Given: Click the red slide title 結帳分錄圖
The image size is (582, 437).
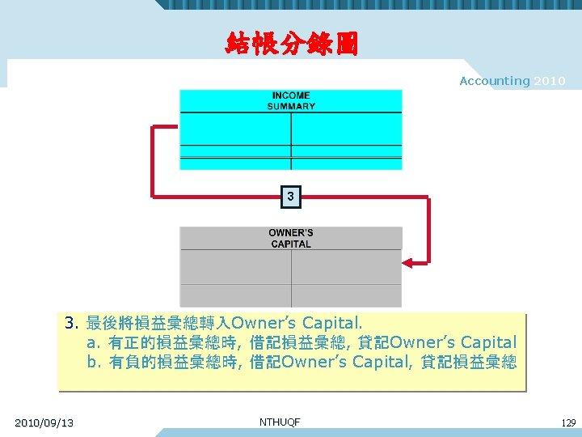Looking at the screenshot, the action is tap(291, 41).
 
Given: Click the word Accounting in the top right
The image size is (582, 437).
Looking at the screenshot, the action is tap(495, 81).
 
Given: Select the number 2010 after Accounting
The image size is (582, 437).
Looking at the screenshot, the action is tap(550, 81).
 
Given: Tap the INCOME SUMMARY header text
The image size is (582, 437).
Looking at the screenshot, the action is tap(291, 100).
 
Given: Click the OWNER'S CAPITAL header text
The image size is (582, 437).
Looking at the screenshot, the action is tap(291, 238).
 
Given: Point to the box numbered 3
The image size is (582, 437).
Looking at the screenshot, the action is tap(291, 196).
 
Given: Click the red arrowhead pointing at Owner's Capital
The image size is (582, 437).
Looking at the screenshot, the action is tap(409, 262).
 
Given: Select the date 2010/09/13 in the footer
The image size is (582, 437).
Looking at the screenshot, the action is tap(44, 422).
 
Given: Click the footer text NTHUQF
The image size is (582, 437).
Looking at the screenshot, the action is tap(280, 422).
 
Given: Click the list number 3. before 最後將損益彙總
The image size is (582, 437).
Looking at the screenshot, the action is tap(71, 325).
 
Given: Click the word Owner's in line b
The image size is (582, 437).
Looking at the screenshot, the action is tap(315, 362).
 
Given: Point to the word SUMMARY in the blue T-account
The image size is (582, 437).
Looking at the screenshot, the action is tap(291, 106).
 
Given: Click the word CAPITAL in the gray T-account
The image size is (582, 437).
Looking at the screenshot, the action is tap(291, 244).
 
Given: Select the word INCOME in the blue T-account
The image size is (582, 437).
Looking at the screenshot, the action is tap(291, 95).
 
